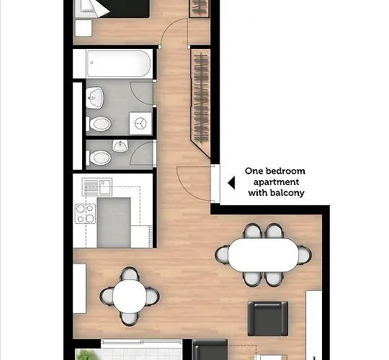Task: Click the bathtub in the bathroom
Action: coord(119,63)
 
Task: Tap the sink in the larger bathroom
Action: coord(94,98)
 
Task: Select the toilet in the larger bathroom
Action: coord(99,124)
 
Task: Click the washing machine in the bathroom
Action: coord(140,123)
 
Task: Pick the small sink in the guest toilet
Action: coord(120,145)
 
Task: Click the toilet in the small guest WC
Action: coord(99,158)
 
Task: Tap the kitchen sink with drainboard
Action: coord(97,186)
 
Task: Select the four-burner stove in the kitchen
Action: coord(85,213)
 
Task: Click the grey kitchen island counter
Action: coord(114,222)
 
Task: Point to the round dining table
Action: coord(130,297)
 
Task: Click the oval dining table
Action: coord(264,255)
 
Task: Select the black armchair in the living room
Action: coord(268,318)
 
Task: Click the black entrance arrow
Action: coord(231,183)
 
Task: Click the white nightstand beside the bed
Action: coord(84,28)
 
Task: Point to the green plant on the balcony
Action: coord(84,354)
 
